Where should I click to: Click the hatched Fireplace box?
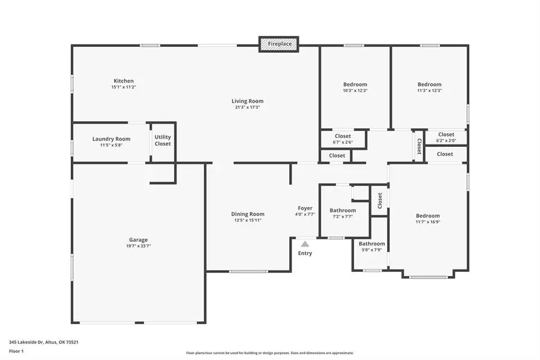[x=279, y=44]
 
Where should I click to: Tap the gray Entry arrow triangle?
[x=305, y=244]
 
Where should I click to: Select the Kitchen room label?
[x=124, y=81]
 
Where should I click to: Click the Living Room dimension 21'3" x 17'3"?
[x=247, y=107]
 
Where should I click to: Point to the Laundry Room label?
[x=111, y=139]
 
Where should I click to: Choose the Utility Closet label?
[x=163, y=140]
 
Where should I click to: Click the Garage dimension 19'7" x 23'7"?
[x=139, y=246]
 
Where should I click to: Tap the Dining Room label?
[x=248, y=214]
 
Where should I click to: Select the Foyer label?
[x=305, y=208]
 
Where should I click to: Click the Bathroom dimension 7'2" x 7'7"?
[x=343, y=217]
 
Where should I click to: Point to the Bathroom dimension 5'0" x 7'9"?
[x=372, y=250]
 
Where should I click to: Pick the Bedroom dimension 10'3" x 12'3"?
[x=355, y=91]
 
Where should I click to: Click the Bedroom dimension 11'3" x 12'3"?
[x=430, y=91]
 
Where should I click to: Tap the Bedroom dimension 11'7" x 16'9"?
[x=428, y=222]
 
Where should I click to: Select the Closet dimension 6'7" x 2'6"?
[x=343, y=142]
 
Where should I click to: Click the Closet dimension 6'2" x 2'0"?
[x=446, y=140]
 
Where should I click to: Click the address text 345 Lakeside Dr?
[x=26, y=342]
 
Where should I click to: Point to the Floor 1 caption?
[x=16, y=351]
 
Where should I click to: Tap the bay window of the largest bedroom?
[x=428, y=277]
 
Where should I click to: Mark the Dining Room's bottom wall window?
[x=248, y=271]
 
